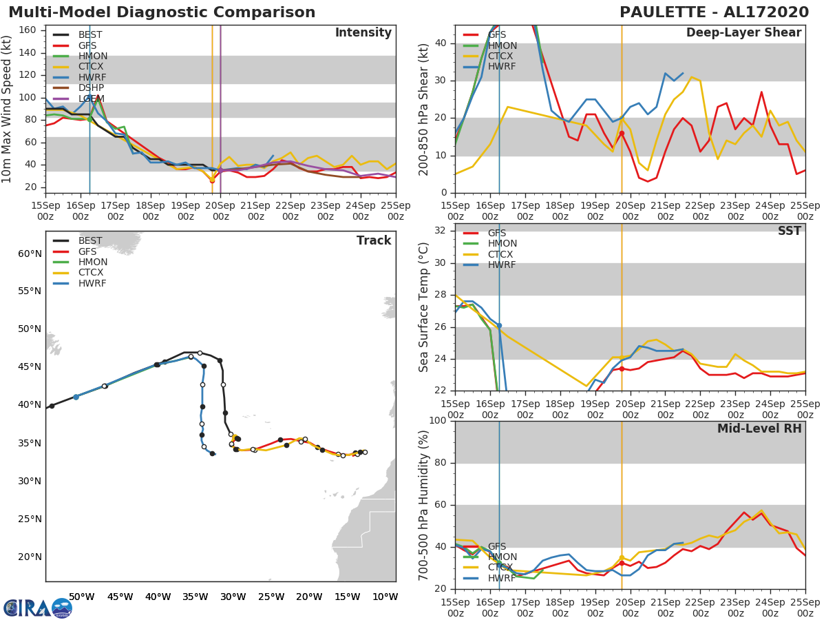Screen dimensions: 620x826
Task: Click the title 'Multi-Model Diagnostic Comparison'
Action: [162, 12]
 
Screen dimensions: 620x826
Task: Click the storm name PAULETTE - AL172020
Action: [710, 12]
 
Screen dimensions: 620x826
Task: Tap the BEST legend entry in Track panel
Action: [90, 241]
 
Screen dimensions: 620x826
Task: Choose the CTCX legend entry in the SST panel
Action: [502, 254]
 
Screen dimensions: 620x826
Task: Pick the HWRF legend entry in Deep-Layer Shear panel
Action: [502, 67]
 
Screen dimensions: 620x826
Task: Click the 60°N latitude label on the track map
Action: [30, 254]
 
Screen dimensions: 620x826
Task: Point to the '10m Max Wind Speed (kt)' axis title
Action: [8, 109]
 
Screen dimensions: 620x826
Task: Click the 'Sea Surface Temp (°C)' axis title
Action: [424, 307]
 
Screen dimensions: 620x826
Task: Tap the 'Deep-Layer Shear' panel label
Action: [743, 33]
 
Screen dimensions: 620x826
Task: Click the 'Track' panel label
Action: [374, 240]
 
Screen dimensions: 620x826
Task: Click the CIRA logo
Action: [38, 608]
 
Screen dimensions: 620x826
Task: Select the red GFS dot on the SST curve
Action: [622, 369]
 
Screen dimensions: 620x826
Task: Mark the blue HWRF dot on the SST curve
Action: [499, 325]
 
